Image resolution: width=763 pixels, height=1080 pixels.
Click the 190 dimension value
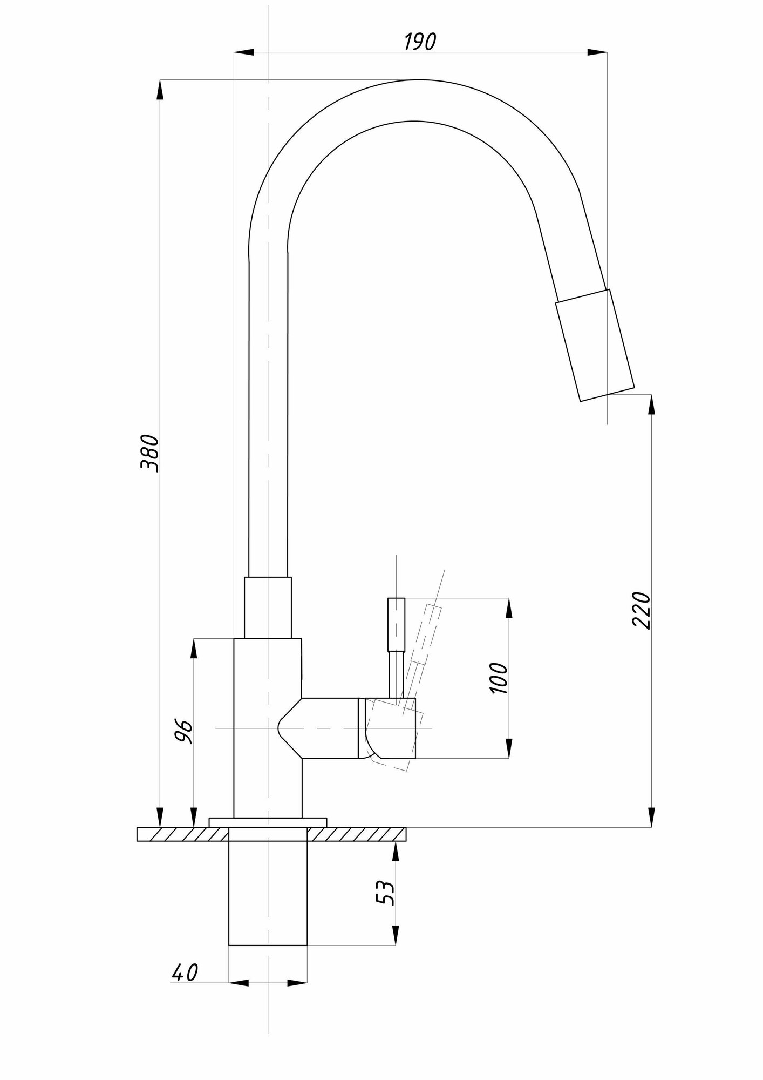420,42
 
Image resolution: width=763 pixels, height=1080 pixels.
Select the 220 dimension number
642,610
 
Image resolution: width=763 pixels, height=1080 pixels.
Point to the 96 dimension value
184,732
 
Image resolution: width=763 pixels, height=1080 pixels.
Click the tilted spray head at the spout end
595,345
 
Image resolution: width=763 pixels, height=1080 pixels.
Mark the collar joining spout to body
268,607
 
